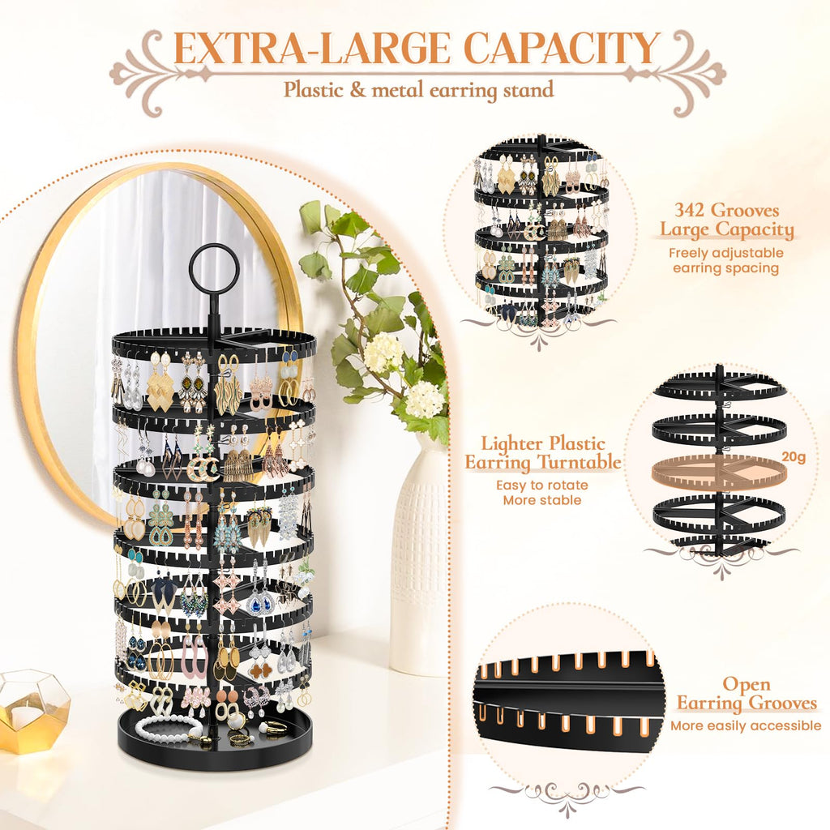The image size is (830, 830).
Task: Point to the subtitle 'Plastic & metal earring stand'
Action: [418, 89]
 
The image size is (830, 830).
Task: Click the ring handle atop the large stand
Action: [214, 267]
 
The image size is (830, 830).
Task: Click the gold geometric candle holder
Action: [32, 710]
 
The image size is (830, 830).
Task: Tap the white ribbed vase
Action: [419, 559]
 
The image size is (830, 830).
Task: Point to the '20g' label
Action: [795, 456]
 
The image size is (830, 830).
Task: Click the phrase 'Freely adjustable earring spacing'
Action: [725, 260]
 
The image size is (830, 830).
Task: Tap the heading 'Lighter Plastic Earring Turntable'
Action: [542, 453]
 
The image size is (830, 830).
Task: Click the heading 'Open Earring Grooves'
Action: [747, 695]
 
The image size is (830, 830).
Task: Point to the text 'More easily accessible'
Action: [746, 726]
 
